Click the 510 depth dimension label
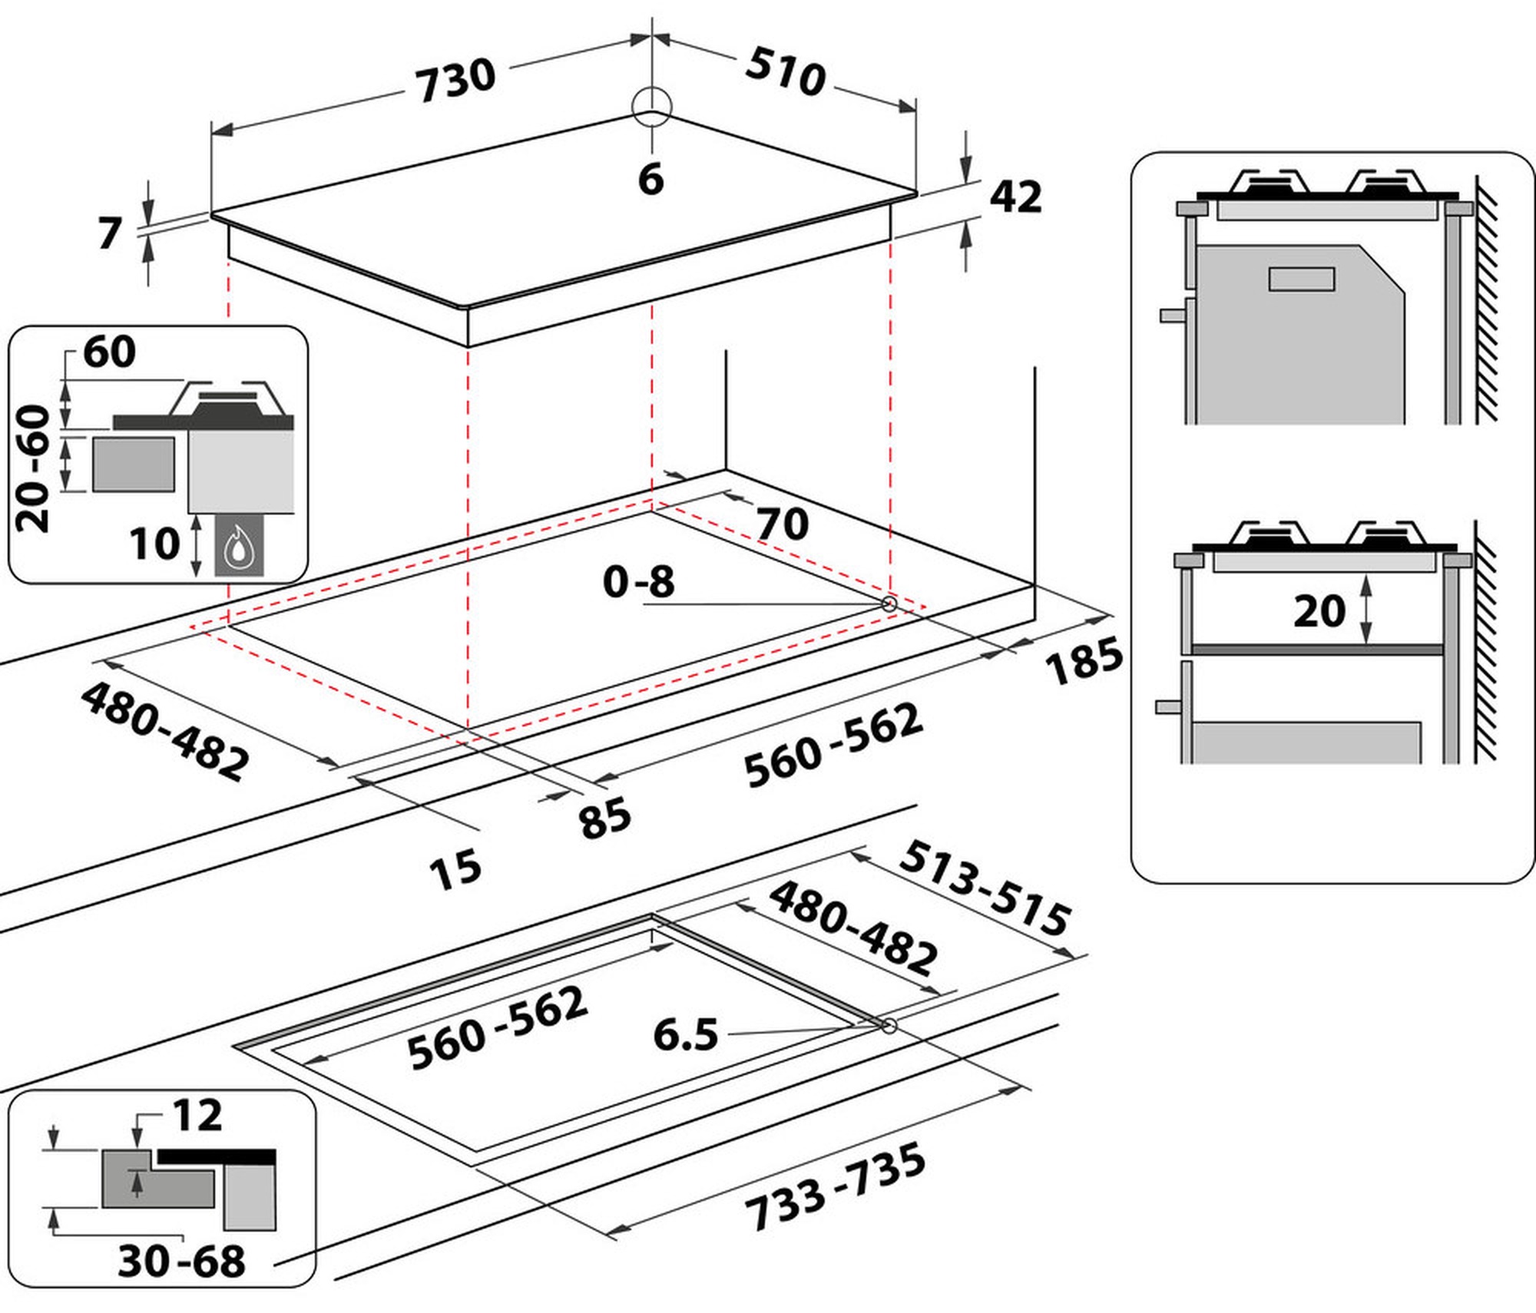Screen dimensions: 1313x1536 pyautogui.click(x=785, y=73)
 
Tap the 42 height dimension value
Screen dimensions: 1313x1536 pyautogui.click(x=1015, y=197)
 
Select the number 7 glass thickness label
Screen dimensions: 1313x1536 pyautogui.click(x=110, y=233)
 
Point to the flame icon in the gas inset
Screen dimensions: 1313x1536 pyautogui.click(x=239, y=546)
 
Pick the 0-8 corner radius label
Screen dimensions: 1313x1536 pyautogui.click(x=638, y=582)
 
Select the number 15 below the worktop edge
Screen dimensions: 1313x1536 pyautogui.click(x=455, y=871)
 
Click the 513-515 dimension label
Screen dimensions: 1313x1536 pyautogui.click(x=985, y=888)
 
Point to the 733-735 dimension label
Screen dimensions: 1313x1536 pyautogui.click(x=836, y=1186)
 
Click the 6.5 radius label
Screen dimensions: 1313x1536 pyautogui.click(x=685, y=1034)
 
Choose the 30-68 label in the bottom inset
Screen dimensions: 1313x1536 pyautogui.click(x=181, y=1261)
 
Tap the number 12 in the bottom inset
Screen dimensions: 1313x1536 pyautogui.click(x=197, y=1116)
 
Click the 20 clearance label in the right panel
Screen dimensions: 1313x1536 pyautogui.click(x=1319, y=611)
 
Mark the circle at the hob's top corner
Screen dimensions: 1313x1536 pyautogui.click(x=651, y=107)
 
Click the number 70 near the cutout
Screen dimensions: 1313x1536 pyautogui.click(x=783, y=524)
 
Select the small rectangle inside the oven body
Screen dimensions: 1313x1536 pyautogui.click(x=1302, y=279)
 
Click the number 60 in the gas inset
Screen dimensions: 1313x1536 pyautogui.click(x=109, y=352)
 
